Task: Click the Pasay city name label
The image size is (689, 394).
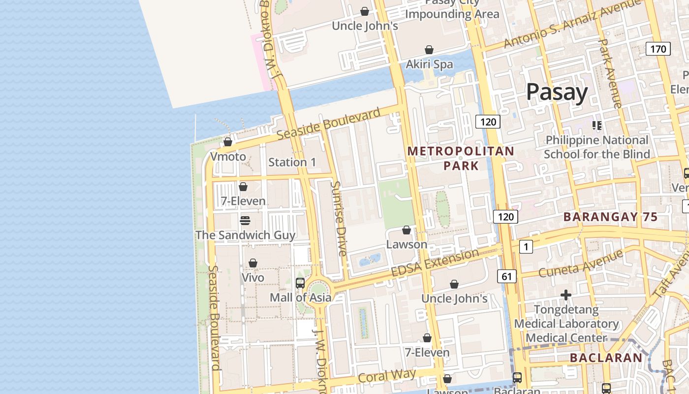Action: pyautogui.click(x=557, y=92)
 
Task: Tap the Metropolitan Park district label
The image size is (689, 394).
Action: pyautogui.click(x=461, y=158)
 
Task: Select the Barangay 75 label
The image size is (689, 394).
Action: pyautogui.click(x=610, y=217)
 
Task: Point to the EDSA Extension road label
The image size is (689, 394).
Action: pyautogui.click(x=435, y=263)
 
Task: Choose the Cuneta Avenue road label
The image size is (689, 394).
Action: pyautogui.click(x=581, y=263)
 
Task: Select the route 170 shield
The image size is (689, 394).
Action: pyautogui.click(x=658, y=49)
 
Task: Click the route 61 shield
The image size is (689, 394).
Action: pyautogui.click(x=507, y=277)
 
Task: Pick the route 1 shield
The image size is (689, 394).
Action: pyautogui.click(x=526, y=246)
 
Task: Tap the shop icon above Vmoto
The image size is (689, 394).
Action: pyautogui.click(x=228, y=142)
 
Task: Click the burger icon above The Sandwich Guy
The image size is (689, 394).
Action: pyautogui.click(x=245, y=220)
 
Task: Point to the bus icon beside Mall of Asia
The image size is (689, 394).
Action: pyautogui.click(x=300, y=283)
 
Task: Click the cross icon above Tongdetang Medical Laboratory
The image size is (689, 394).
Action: pyautogui.click(x=566, y=295)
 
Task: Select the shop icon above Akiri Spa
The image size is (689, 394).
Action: pyautogui.click(x=429, y=50)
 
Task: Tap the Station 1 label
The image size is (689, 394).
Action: pyautogui.click(x=292, y=162)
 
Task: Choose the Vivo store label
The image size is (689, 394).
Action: pyautogui.click(x=253, y=277)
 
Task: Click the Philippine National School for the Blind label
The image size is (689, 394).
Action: pyautogui.click(x=596, y=147)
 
